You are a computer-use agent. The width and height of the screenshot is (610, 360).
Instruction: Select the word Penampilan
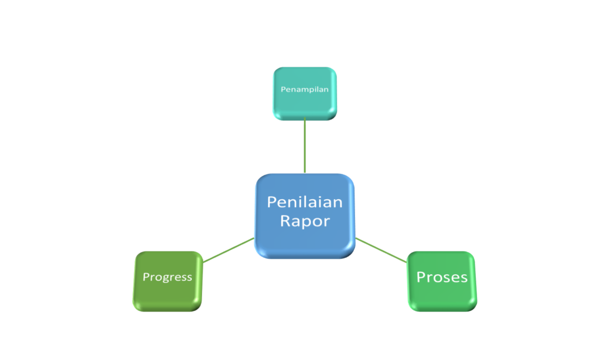tap(304, 89)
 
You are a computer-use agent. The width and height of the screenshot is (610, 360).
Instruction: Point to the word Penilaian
tap(304, 202)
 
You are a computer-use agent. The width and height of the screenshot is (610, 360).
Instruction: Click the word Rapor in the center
tap(304, 221)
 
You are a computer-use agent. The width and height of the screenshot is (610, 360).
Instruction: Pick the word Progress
tap(167, 277)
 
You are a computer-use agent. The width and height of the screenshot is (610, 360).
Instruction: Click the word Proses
tap(441, 278)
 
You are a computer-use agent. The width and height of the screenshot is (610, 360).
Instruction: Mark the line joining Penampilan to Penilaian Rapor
tap(304, 146)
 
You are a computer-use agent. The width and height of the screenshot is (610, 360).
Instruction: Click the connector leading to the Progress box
tap(228, 250)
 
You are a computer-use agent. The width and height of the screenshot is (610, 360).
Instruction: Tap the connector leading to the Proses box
tap(381, 250)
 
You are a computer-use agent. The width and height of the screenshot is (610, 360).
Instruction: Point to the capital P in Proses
tap(421, 277)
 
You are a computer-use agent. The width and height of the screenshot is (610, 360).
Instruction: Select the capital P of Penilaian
tap(271, 202)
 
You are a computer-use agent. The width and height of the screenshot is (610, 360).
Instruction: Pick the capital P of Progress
tap(145, 277)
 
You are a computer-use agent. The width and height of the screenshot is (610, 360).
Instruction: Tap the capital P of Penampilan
tap(283, 89)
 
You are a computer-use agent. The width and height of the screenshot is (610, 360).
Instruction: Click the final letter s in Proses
tap(463, 278)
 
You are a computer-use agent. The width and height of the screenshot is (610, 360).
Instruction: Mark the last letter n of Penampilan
tap(326, 89)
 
